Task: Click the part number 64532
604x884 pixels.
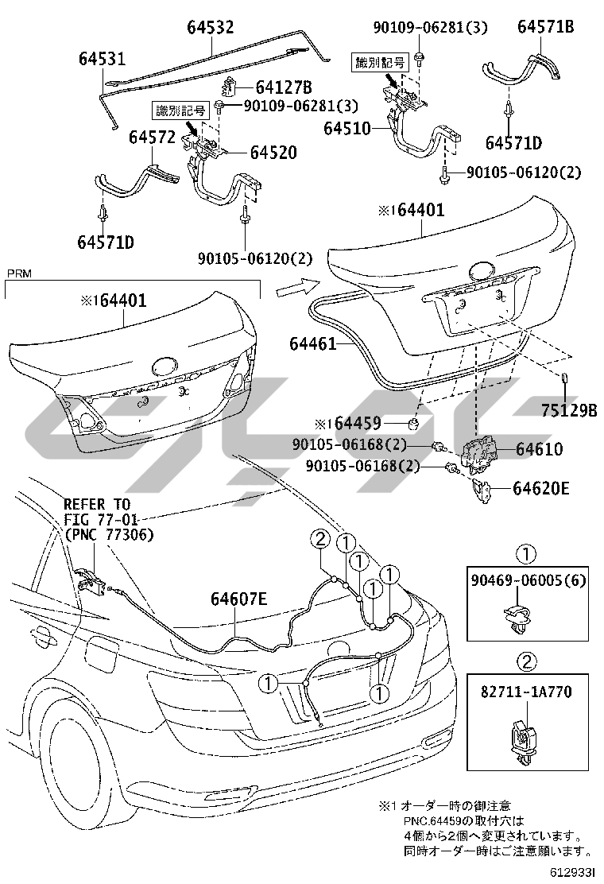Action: point(211,28)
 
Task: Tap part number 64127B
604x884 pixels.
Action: point(283,87)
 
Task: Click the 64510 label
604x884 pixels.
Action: point(347,127)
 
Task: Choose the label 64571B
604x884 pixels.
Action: point(546,26)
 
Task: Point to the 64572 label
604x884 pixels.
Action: point(152,138)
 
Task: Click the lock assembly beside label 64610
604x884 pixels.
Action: point(481,454)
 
